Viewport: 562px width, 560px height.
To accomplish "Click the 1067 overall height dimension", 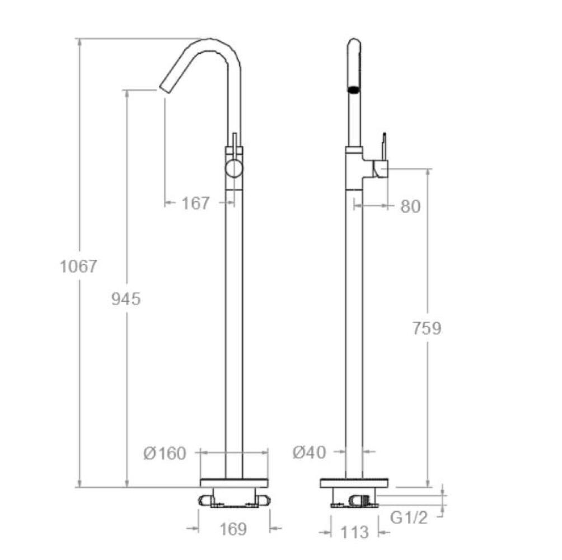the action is [x=78, y=267].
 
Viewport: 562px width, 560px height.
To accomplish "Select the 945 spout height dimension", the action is [x=126, y=299].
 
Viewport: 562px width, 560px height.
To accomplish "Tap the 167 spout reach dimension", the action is [x=195, y=204].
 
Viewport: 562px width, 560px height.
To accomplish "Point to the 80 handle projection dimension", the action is [x=410, y=207].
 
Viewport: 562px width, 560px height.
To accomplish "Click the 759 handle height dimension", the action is [x=427, y=328].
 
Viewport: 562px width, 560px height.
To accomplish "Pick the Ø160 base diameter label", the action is [x=165, y=454].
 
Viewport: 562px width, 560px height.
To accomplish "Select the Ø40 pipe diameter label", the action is [x=310, y=452].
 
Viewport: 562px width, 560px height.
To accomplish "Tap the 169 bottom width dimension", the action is [x=233, y=529].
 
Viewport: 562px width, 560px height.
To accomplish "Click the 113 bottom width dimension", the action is [x=354, y=533].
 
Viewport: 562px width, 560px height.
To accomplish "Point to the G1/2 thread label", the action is [x=409, y=517].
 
